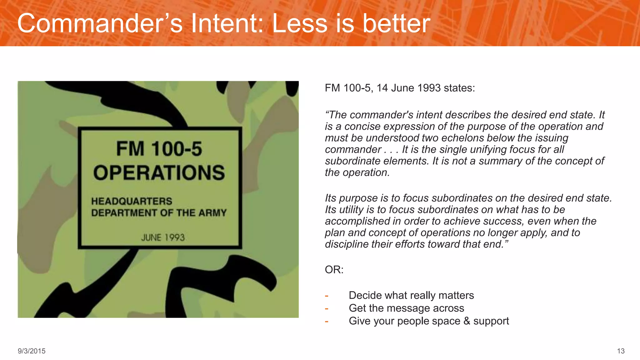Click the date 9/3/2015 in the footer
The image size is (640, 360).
32,351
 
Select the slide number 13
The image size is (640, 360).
621,351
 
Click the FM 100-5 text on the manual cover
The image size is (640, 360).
159,149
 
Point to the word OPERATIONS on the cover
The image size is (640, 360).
159,173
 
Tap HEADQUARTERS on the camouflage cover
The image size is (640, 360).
132,201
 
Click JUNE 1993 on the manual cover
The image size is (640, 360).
163,237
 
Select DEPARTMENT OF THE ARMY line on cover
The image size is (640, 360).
159,213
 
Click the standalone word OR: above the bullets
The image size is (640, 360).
334,270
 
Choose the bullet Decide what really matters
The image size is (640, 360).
411,295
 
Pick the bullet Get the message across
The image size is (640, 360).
406,308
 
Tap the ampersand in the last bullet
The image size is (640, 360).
467,321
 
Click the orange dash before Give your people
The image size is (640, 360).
327,321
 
